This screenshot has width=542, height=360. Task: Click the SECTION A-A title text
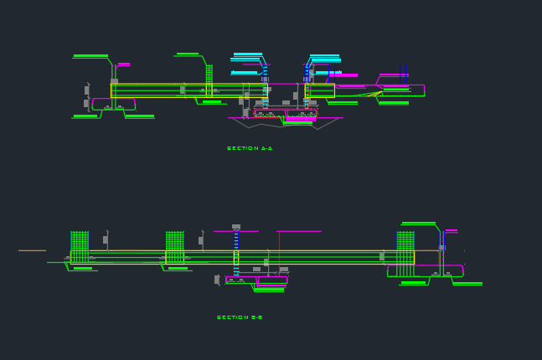coord(250,148)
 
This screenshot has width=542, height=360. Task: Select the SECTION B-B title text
coord(240,317)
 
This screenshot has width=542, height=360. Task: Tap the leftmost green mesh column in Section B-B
coord(80,248)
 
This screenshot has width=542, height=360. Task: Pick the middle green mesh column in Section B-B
coord(174,248)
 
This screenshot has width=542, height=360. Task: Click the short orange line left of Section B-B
coord(32,250)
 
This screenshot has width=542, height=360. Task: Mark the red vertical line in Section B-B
coord(279,250)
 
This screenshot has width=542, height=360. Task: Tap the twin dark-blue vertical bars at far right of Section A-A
coord(405,75)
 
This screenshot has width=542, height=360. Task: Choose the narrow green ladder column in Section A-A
coord(209,80)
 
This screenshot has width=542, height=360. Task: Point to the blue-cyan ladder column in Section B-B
coord(236,251)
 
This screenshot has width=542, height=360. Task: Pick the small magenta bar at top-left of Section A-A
coord(124,64)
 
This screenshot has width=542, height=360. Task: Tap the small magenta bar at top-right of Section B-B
coord(452,230)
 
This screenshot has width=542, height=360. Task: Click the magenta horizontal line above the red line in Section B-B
coord(298,231)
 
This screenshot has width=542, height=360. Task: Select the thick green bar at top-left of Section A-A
coord(90,56)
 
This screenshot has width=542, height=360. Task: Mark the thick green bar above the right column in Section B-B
coord(419,224)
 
